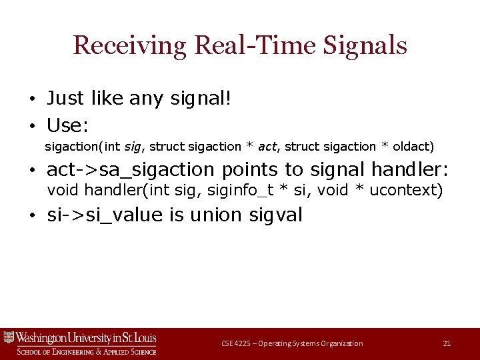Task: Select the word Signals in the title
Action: click(x=365, y=45)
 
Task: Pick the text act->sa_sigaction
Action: click(x=135, y=169)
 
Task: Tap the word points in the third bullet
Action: click(x=257, y=169)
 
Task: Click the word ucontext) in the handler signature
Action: click(x=406, y=191)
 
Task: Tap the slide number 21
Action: click(x=447, y=343)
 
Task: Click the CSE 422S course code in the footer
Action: click(x=236, y=343)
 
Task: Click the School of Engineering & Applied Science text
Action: click(x=86, y=351)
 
